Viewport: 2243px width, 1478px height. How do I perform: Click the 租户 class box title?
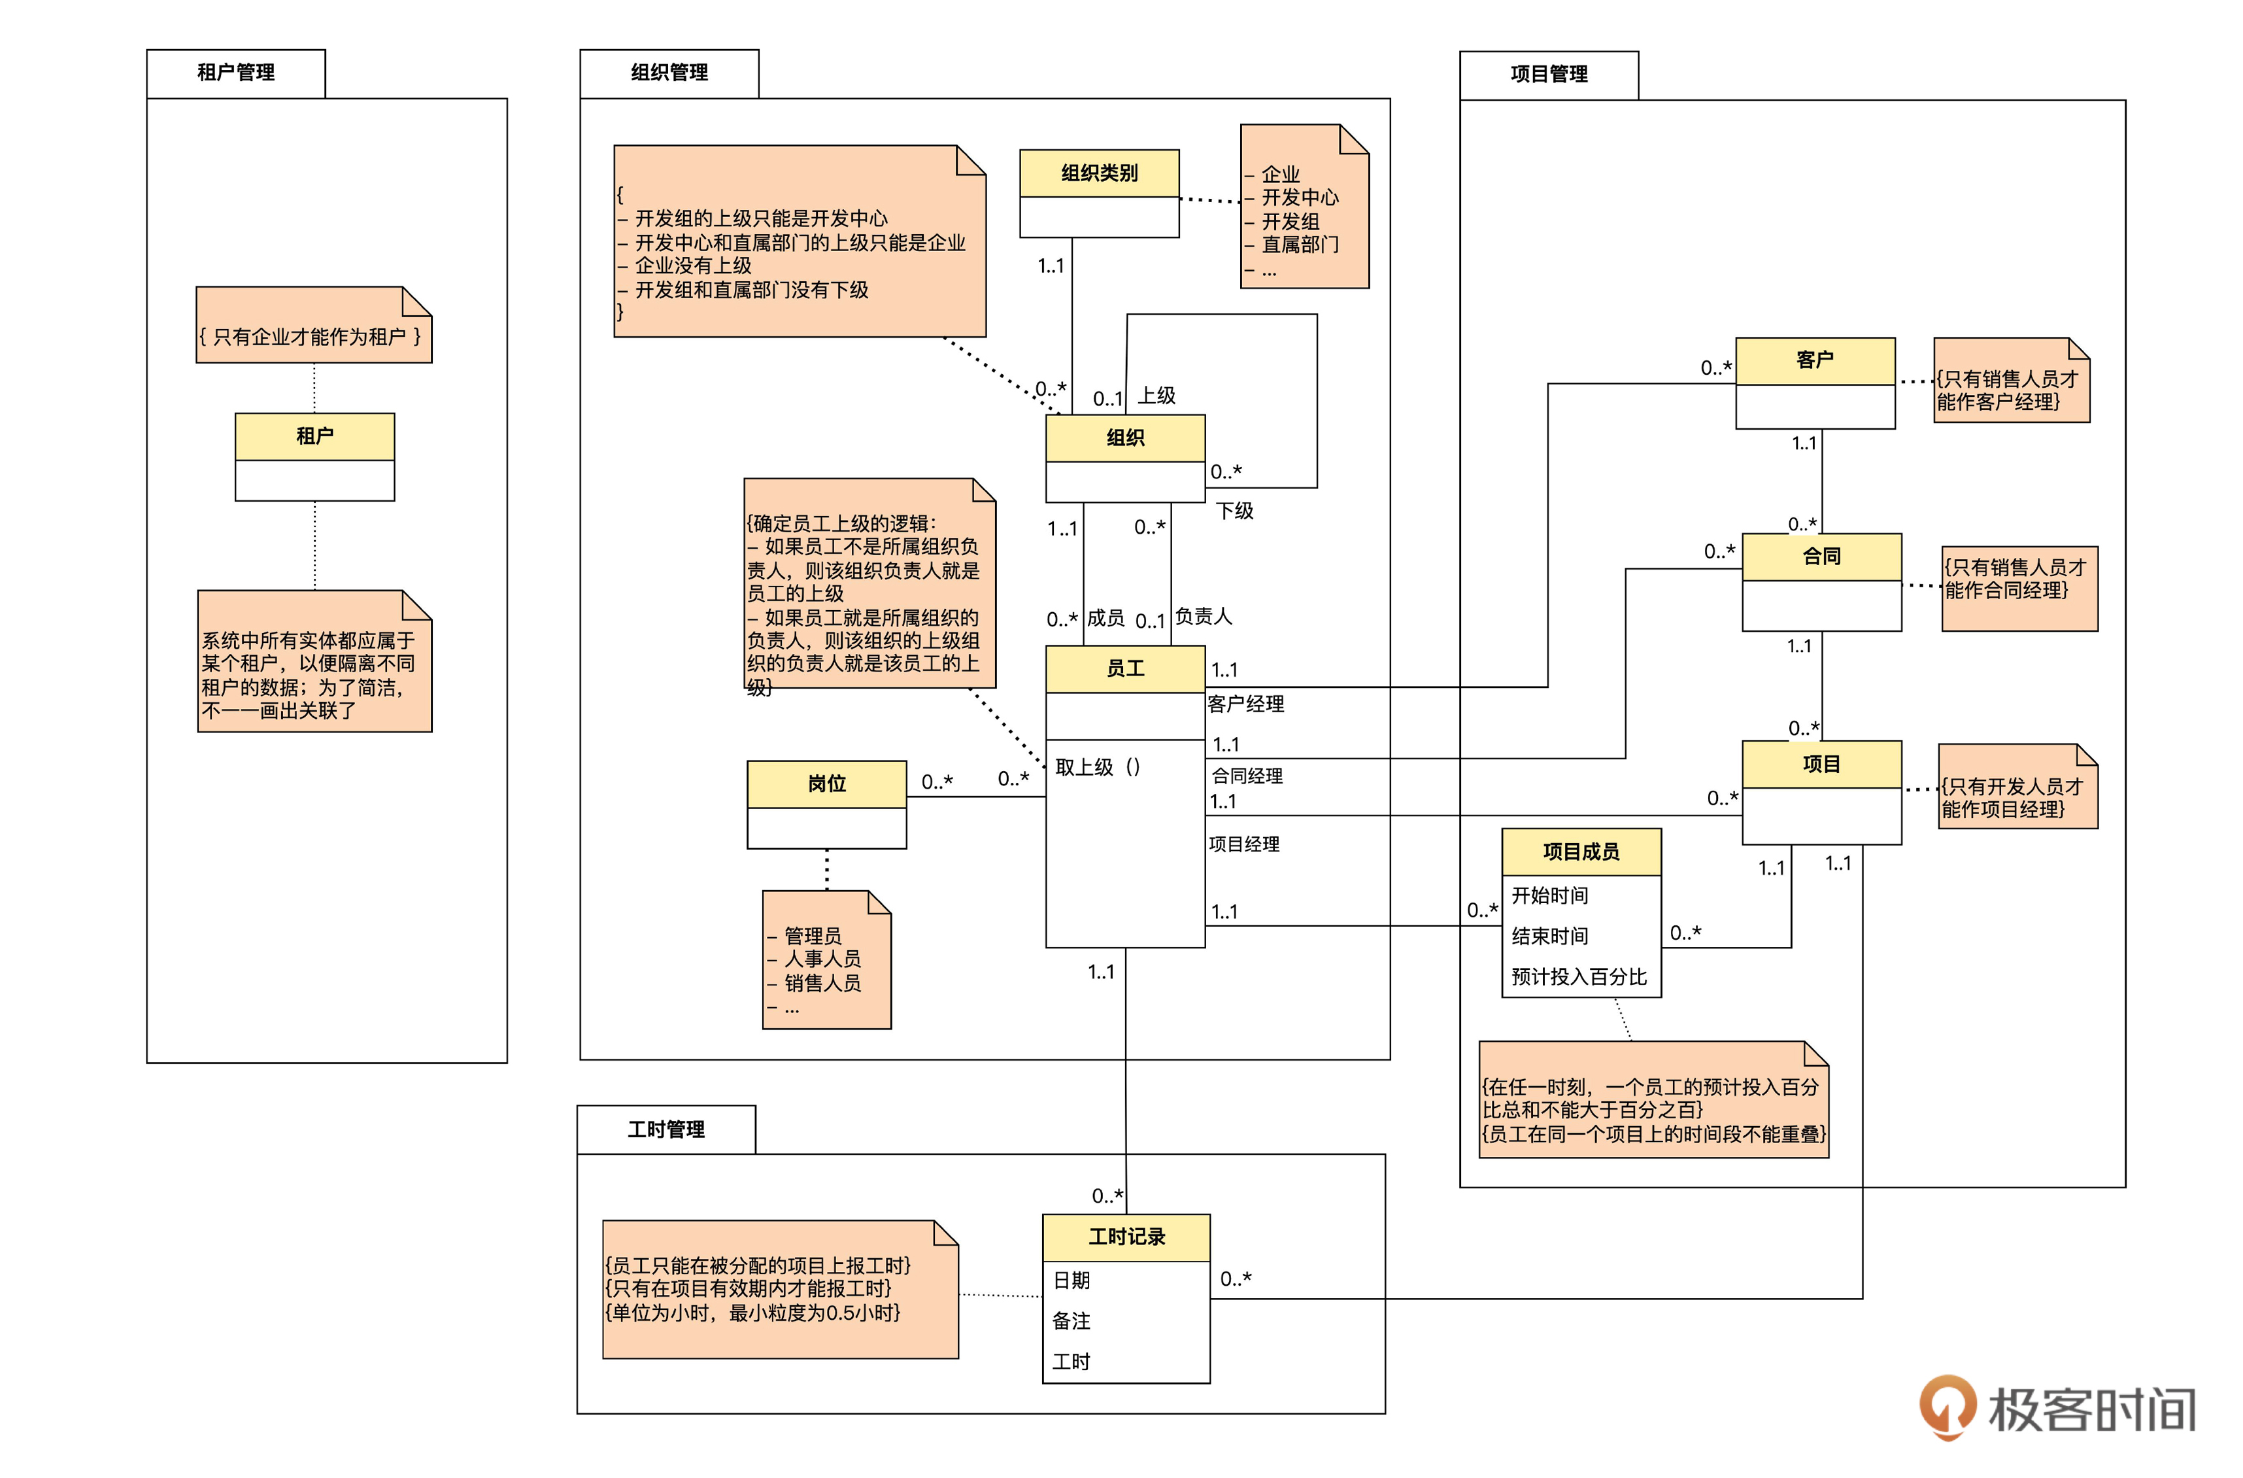coord(314,436)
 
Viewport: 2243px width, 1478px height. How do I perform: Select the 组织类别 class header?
coord(1099,173)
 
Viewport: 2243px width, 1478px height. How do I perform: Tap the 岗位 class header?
coord(826,784)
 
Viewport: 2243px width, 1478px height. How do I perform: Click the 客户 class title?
coord(1814,360)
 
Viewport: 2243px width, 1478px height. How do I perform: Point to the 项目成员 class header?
coord(1581,852)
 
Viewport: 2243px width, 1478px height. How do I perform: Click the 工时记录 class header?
coord(1126,1237)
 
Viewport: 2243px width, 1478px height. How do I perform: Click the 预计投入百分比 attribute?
coord(1579,976)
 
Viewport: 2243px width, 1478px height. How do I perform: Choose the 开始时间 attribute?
coord(1549,895)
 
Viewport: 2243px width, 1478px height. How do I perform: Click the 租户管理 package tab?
coord(235,73)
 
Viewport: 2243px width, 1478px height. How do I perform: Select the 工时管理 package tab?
coord(666,1129)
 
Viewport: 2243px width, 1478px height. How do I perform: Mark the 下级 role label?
coord(1234,511)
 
